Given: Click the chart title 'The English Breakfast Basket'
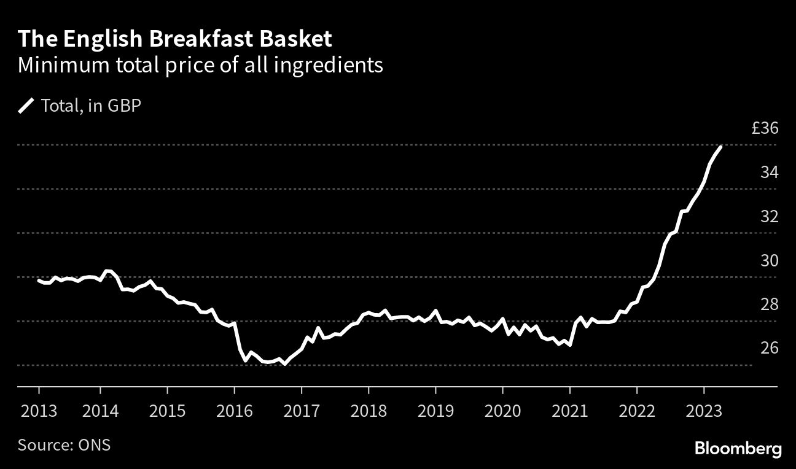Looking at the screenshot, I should (175, 39).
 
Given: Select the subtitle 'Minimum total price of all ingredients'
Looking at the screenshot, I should (200, 65).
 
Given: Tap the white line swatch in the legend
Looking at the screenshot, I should (26, 106).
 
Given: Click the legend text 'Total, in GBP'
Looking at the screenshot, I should (91, 106).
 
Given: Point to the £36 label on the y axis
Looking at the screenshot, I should (765, 129).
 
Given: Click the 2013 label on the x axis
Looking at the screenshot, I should (38, 409).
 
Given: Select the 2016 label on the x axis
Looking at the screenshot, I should (234, 409).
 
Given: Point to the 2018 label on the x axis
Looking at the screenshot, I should (369, 409).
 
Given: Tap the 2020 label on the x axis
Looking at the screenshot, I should (502, 409).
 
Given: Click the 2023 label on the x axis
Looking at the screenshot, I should (704, 409).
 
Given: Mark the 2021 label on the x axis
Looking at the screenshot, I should (570, 409).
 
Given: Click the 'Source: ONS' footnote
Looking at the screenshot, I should (64, 444).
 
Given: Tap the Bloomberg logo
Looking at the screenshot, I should (738, 449).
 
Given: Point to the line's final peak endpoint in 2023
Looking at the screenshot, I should (720, 147).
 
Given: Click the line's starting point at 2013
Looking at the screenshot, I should (39, 281).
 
